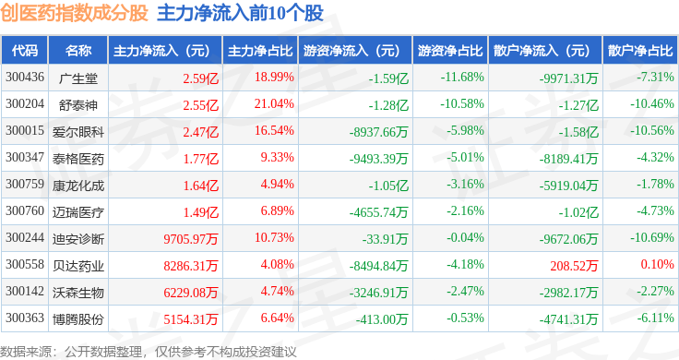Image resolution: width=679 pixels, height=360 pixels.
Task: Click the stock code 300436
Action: pyautogui.click(x=25, y=78)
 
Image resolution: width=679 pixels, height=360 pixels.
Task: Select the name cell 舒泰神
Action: pyautogui.click(x=78, y=105)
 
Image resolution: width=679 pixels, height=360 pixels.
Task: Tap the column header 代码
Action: pyautogui.click(x=25, y=51)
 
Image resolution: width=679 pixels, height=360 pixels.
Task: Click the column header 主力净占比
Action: pyautogui.click(x=260, y=51)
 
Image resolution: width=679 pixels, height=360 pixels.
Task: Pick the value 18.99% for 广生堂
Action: pyautogui.click(x=274, y=78)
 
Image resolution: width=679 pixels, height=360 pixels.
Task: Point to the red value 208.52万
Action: pyautogui.click(x=574, y=265)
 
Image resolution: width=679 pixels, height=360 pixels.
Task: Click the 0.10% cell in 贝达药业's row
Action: pyautogui.click(x=658, y=264)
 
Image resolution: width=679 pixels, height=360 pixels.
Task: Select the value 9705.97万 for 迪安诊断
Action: pyautogui.click(x=191, y=239)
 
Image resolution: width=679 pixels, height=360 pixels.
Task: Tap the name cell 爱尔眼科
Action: pyautogui.click(x=78, y=132)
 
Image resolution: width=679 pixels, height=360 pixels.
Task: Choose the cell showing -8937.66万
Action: pyautogui.click(x=379, y=132)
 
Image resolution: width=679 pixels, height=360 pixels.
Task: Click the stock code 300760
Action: pyautogui.click(x=25, y=211)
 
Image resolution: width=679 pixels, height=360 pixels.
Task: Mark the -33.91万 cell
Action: pyautogui.click(x=386, y=239)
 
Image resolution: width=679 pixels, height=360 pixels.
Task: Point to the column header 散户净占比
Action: pyautogui.click(x=640, y=51)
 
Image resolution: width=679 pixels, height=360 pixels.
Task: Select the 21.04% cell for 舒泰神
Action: pyautogui.click(x=274, y=104)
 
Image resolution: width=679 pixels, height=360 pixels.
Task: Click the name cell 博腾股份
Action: pyautogui.click(x=78, y=319)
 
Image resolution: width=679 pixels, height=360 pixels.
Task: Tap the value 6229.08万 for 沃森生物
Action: pyautogui.click(x=191, y=293)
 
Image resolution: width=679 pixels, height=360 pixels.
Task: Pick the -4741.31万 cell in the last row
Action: pyautogui.click(x=569, y=319)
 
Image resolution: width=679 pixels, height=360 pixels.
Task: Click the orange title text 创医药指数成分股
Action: pyautogui.click(x=74, y=13)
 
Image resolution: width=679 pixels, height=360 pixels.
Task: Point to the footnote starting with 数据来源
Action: pyautogui.click(x=149, y=352)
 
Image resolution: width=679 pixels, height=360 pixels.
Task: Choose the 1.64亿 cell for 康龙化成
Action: pyautogui.click(x=201, y=186)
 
